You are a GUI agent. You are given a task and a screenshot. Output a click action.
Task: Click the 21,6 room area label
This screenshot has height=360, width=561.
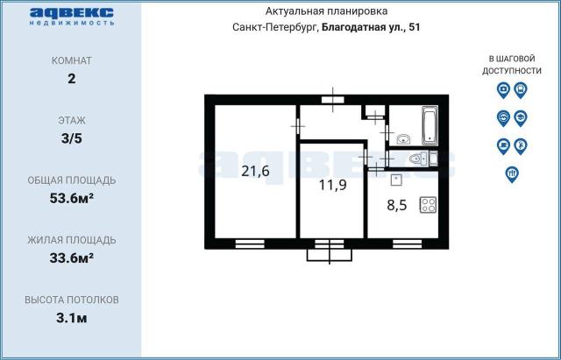(255, 172)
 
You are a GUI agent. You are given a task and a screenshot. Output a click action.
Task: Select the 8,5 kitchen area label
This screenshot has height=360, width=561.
(398, 208)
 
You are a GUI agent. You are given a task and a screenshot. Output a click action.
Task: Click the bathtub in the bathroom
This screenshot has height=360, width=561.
(429, 125)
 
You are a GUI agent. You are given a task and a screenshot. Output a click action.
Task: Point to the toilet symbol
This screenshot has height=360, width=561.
(419, 158)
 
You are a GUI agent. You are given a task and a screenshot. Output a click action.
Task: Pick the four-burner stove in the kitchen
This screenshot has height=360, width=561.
(429, 206)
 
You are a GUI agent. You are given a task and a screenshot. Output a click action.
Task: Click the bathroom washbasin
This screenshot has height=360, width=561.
(403, 138)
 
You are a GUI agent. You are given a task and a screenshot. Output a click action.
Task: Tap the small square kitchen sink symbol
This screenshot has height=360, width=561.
(396, 180)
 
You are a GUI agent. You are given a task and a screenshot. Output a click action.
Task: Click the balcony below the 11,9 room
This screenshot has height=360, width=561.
(330, 254)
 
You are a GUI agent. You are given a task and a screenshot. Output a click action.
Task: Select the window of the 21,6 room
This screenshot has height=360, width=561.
(250, 243)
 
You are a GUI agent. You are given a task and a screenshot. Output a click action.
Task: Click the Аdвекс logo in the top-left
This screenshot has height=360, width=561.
(71, 17)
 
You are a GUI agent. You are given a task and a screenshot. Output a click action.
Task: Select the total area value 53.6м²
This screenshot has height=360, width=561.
(72, 197)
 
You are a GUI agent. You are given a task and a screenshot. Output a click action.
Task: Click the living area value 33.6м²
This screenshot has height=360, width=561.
(72, 257)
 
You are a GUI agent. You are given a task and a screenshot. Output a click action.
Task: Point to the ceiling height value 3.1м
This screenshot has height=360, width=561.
(72, 317)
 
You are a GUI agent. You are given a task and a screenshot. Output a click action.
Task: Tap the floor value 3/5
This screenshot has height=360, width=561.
(72, 138)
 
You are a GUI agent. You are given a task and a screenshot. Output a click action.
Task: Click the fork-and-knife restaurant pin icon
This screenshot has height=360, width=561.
(511, 173)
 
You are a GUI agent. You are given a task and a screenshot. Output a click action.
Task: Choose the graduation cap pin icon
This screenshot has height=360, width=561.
(520, 116)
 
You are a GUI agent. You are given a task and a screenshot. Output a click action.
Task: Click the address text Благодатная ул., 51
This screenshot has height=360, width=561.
(371, 27)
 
